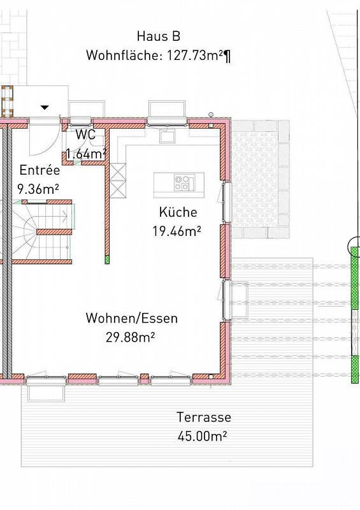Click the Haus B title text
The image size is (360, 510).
[159, 36]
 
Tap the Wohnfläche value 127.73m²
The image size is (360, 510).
[195, 55]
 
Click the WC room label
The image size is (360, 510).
[85, 135]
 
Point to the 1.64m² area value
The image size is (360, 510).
[86, 154]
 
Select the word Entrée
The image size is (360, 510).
[40, 170]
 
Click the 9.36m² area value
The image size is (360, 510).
[38, 189]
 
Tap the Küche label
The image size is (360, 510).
[178, 212]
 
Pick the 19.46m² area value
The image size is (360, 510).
[176, 231]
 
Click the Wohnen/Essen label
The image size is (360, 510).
[132, 318]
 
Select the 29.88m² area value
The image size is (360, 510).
[130, 337]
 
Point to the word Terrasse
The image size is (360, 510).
[204, 417]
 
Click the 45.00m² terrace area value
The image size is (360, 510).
[202, 436]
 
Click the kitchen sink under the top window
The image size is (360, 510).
[168, 136]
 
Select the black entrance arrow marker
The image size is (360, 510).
[45, 107]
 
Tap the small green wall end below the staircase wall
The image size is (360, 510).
[107, 259]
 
